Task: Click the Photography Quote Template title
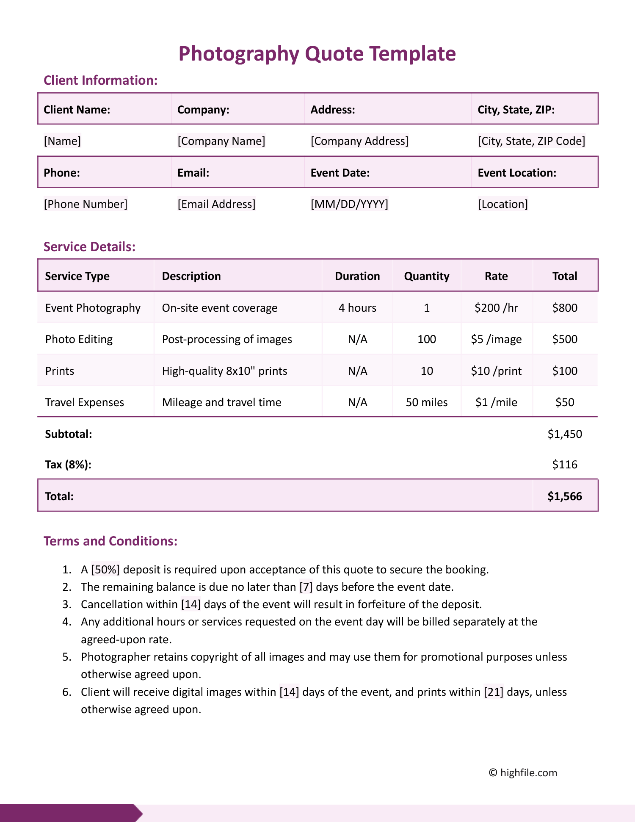(x=317, y=54)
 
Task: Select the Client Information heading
(x=100, y=80)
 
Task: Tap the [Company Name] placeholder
(x=221, y=141)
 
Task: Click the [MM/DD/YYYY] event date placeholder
(x=349, y=204)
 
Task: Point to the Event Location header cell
(x=516, y=173)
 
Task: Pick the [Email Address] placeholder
(x=216, y=204)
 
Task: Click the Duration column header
(x=357, y=276)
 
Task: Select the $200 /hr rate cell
(x=496, y=308)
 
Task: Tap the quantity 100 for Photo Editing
(x=427, y=339)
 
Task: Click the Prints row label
(x=60, y=371)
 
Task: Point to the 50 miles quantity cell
(x=427, y=402)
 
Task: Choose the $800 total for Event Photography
(x=565, y=308)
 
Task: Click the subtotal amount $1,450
(x=565, y=434)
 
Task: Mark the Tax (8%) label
(x=68, y=465)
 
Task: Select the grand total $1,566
(x=565, y=496)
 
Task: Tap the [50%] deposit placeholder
(x=105, y=570)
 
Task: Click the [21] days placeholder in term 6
(x=494, y=692)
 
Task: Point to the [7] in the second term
(x=306, y=587)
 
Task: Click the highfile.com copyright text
(x=523, y=773)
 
